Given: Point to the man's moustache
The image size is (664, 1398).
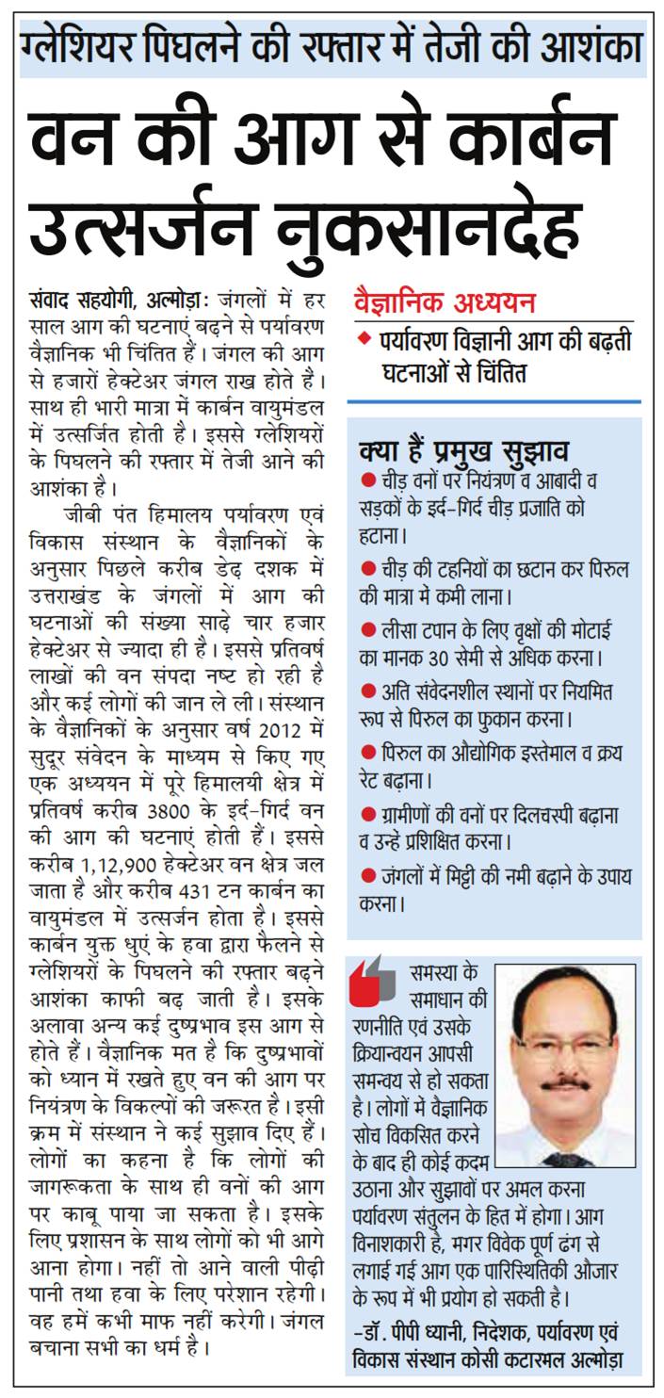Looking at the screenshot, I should [x=566, y=1084].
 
